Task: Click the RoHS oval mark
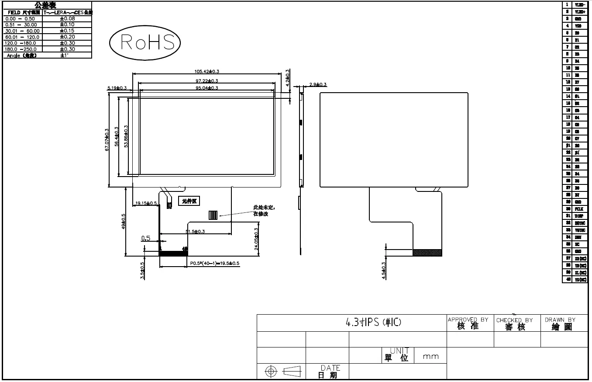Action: coord(145,43)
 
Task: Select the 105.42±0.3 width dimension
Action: coord(207,71)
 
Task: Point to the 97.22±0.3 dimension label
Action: coord(207,81)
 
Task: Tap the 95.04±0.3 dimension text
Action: coord(207,88)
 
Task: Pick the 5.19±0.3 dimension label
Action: coord(117,88)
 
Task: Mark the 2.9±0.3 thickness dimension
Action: coord(317,84)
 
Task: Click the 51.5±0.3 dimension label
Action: coord(195,231)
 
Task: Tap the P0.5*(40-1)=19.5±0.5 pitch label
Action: coord(214,263)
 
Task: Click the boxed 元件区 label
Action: coord(190,201)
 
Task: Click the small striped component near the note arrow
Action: coord(213,215)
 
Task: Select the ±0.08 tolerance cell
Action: coord(67,19)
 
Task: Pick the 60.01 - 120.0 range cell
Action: coord(22,37)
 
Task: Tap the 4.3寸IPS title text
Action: coord(373,323)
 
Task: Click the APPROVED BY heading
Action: coord(468,320)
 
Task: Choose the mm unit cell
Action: coord(431,357)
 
